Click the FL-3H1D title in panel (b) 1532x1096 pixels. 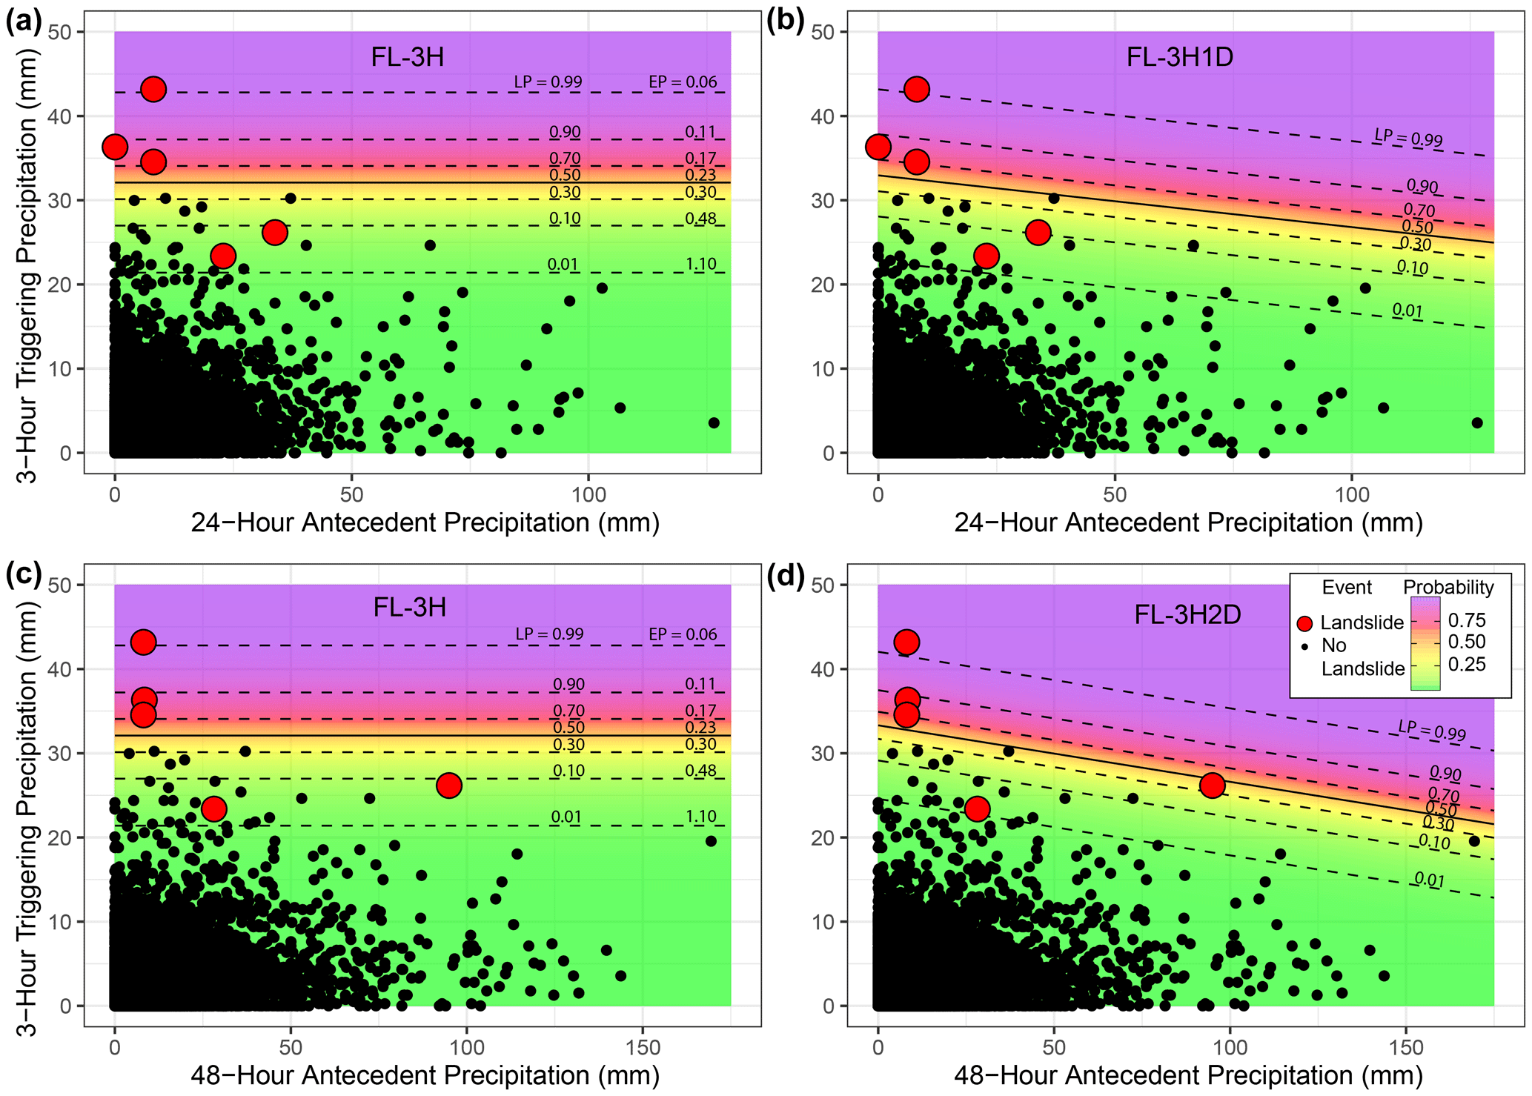pyautogui.click(x=1179, y=57)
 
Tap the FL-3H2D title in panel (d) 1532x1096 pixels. pyautogui.click(x=1187, y=614)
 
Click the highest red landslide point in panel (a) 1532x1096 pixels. pyautogui.click(x=153, y=89)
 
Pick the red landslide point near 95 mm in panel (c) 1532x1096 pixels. pyautogui.click(x=449, y=786)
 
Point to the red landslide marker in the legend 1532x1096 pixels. pyautogui.click(x=1305, y=623)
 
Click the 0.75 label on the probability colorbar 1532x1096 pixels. pyautogui.click(x=1467, y=620)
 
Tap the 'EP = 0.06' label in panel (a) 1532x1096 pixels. pyautogui.click(x=683, y=82)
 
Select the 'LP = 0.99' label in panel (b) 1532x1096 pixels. pyautogui.click(x=1408, y=138)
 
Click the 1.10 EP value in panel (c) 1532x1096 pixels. pyautogui.click(x=700, y=817)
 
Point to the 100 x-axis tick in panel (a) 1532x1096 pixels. pyautogui.click(x=589, y=494)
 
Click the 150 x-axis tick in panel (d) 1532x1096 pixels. pyautogui.click(x=1406, y=1048)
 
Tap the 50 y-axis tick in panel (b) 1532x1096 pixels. pyautogui.click(x=823, y=32)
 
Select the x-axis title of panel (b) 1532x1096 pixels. pyautogui.click(x=1188, y=523)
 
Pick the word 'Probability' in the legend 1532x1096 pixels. pyautogui.click(x=1448, y=588)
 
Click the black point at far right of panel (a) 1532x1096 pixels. pyautogui.click(x=714, y=423)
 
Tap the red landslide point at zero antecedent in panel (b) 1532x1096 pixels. pyautogui.click(x=878, y=147)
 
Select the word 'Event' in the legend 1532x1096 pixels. pyautogui.click(x=1347, y=588)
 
